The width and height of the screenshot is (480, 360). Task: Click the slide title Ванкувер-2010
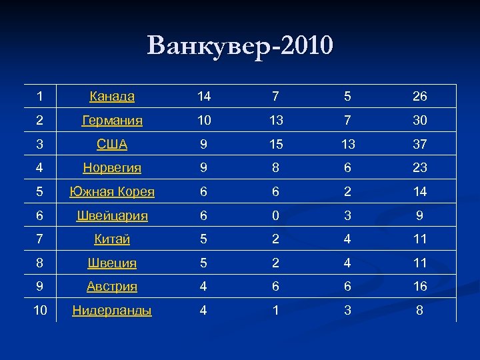click(x=240, y=46)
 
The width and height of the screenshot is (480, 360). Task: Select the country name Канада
click(x=112, y=97)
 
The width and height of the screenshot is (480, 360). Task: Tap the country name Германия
click(x=112, y=121)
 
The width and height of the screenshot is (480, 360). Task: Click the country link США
click(x=112, y=144)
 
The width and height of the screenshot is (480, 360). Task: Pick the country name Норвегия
click(x=112, y=168)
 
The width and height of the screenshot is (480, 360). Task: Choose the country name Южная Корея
click(x=112, y=192)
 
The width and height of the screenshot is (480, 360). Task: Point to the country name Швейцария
click(x=112, y=215)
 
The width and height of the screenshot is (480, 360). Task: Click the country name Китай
click(x=112, y=239)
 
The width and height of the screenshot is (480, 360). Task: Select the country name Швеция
click(x=112, y=263)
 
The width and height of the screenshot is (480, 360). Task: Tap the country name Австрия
click(x=112, y=287)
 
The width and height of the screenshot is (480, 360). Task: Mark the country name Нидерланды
click(x=112, y=310)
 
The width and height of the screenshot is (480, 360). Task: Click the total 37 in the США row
click(x=419, y=144)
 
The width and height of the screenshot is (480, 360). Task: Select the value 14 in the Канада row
click(x=204, y=97)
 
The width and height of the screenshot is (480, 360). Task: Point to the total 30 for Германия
click(x=419, y=121)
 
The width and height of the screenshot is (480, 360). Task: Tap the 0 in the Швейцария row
click(x=275, y=215)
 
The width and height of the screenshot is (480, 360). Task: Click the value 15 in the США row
click(x=275, y=144)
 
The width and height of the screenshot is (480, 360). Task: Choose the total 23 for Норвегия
click(x=419, y=168)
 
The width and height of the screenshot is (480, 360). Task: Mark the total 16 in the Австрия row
click(x=419, y=287)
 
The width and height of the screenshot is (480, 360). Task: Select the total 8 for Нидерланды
click(x=419, y=310)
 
